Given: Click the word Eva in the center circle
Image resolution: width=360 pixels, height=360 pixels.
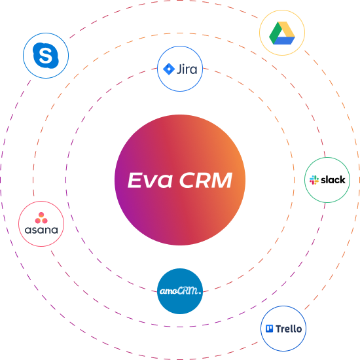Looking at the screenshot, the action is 150,180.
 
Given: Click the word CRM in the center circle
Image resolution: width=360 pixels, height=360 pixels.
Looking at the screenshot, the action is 206,180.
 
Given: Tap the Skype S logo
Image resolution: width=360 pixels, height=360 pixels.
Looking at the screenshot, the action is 46,56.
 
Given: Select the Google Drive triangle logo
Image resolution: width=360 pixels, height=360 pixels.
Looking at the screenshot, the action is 282,33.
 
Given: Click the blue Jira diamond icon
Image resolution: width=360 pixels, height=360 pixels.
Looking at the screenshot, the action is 169,69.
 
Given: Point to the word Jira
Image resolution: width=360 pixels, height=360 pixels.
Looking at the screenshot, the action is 187,69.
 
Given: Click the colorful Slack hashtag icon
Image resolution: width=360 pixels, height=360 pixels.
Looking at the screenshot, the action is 314,180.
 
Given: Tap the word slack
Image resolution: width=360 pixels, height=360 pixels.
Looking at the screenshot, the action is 333,180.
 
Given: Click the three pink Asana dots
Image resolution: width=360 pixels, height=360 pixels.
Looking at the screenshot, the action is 41,218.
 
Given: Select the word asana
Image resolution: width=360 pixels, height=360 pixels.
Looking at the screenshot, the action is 41,230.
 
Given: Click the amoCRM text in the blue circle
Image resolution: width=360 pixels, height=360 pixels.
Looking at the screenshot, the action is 180,291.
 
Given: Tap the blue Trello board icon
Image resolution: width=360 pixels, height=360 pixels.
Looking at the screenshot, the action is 269,329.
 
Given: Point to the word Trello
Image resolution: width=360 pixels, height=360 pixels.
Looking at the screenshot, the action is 289,329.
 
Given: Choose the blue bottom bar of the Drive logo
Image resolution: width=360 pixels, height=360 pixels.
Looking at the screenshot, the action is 284,41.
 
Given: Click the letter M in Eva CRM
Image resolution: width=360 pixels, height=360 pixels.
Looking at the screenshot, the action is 221,180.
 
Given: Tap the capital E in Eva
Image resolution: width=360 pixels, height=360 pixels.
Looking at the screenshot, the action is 135,180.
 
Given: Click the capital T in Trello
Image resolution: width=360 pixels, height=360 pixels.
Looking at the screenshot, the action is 279,329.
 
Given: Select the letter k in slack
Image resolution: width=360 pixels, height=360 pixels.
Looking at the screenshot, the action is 342,180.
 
